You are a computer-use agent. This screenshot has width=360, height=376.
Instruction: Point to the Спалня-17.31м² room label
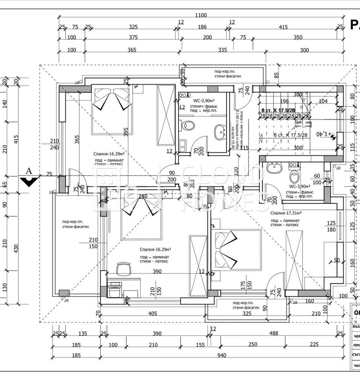click(x=286, y=212)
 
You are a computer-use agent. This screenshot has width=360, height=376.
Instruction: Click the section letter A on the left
click(x=28, y=171)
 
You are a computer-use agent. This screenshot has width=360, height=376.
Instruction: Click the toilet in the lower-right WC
click(x=294, y=176)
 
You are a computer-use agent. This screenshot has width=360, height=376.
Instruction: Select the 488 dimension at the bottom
click(x=274, y=333)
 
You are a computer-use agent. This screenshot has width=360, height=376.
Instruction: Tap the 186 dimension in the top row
click(x=202, y=27)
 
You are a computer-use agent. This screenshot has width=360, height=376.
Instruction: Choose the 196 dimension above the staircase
click(x=284, y=101)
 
